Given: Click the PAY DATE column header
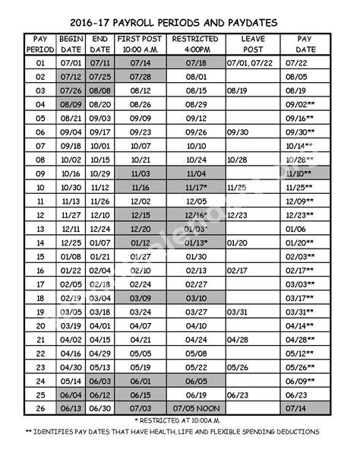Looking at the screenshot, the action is pyautogui.click(x=305, y=44).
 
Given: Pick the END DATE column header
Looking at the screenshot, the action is pyautogui.click(x=99, y=44).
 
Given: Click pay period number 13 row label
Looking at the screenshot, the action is pyautogui.click(x=40, y=228).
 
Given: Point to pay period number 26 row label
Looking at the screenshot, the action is pyautogui.click(x=40, y=408).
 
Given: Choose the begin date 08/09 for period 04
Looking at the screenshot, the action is pyautogui.click(x=70, y=104).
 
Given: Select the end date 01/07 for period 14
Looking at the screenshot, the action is pyautogui.click(x=99, y=243).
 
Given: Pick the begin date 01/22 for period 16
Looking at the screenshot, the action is pyautogui.click(x=70, y=270).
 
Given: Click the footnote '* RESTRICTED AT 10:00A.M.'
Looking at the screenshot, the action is pyautogui.click(x=179, y=420).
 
